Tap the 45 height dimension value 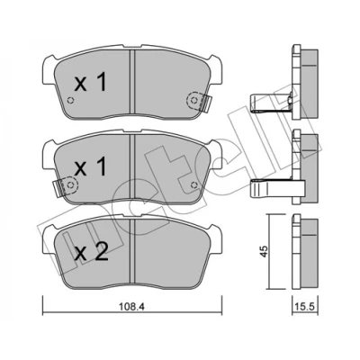point(264,251)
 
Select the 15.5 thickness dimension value point(305,307)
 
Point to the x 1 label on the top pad point(90,83)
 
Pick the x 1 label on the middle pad point(90,167)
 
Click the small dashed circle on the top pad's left point(71,101)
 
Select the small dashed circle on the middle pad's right point(193,185)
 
